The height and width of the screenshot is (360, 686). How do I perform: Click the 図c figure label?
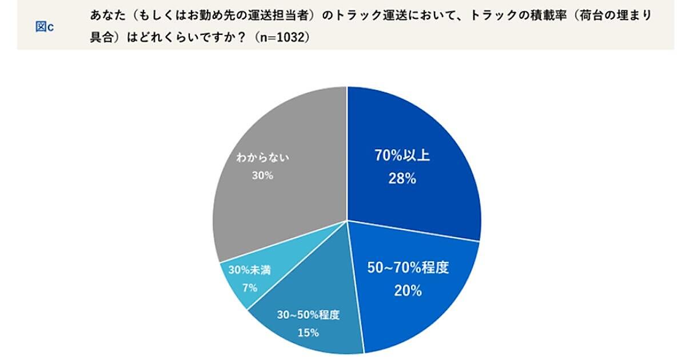[45, 27]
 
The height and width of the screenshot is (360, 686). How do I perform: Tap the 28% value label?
[402, 178]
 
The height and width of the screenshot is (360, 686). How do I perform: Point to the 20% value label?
[408, 290]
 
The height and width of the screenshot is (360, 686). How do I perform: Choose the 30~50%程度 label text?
[308, 315]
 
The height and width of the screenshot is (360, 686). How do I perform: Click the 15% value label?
[308, 332]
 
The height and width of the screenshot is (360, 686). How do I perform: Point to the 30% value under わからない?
[262, 175]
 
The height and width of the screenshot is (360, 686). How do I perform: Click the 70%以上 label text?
[402, 155]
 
